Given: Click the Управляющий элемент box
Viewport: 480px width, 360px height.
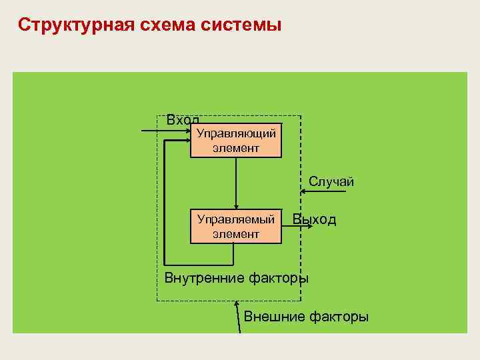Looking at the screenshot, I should point(236,141).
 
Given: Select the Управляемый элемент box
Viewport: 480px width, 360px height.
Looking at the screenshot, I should point(236,226).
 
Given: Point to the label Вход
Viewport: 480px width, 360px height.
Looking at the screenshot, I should point(182,120).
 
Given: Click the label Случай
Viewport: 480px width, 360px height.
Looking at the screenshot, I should point(331,181).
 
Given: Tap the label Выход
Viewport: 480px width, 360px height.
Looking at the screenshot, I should point(315,219).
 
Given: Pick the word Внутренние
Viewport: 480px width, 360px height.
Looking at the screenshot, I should point(203,278).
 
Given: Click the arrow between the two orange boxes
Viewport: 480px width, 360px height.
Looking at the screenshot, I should point(236,183).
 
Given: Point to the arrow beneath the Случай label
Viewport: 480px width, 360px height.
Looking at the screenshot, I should point(323,192).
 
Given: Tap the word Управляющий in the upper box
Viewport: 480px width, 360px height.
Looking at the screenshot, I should point(236,134).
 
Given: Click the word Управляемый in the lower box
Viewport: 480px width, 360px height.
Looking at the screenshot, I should point(236,219).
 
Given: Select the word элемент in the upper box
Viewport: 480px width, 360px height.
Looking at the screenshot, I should point(236,148).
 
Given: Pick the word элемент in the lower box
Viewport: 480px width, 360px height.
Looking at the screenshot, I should point(236,233).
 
